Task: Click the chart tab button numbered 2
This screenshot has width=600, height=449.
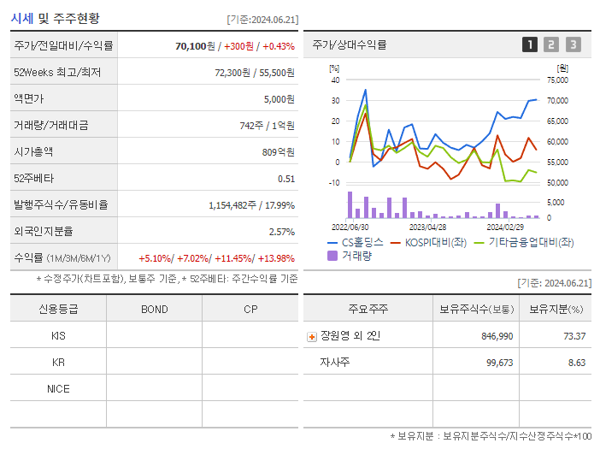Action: [551, 44]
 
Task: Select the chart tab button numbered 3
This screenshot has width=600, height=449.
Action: [573, 44]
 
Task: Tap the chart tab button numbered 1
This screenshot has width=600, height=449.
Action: [530, 44]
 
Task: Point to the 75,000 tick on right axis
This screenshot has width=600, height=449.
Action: [557, 80]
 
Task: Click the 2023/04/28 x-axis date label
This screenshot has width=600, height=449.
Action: [427, 227]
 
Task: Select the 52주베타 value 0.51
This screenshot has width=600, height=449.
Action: [286, 179]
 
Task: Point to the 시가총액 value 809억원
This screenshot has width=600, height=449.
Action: [279, 152]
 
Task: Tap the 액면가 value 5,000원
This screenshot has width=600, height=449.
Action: [279, 99]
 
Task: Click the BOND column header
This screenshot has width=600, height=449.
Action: [154, 310]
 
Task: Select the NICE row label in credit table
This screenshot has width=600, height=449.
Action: [58, 389]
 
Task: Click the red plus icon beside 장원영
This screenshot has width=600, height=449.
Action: [312, 337]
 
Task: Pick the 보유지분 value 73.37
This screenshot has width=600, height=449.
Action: [574, 336]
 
